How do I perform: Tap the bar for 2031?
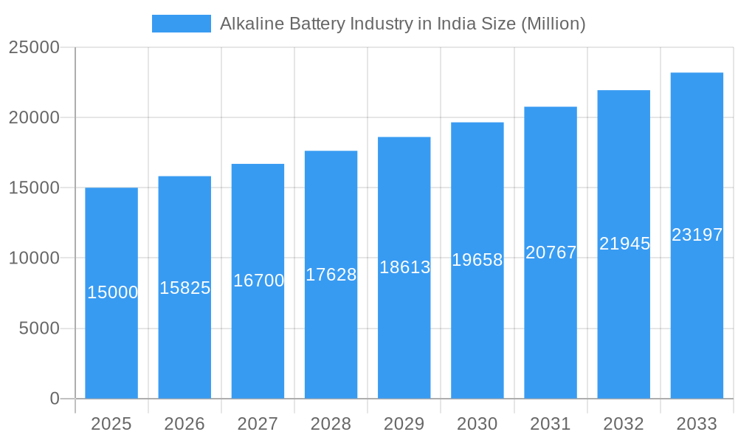pos(551,332)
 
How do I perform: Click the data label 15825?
pos(184,288)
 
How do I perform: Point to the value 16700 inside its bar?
pos(258,281)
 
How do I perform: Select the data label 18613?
pos(404,267)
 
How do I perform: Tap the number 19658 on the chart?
pos(477,260)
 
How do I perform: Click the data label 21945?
pos(624,244)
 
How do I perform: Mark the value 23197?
pos(697,235)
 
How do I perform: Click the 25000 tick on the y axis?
pos(34,47)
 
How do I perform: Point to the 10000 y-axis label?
pos(34,258)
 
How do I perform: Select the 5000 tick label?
pos(38,329)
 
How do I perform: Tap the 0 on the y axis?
pos(55,399)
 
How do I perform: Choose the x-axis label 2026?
pos(184,424)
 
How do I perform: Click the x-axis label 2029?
pos(404,424)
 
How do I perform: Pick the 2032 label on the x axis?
pos(624,424)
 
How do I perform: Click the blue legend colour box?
pos(182,24)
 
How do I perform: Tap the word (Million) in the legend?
pos(553,24)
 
